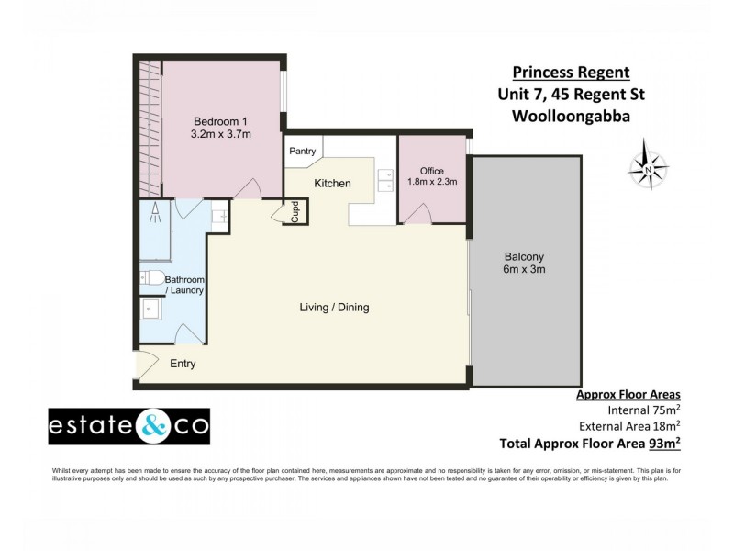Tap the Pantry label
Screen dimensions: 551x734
302,151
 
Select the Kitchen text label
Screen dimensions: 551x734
332,184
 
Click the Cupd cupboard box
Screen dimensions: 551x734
295,212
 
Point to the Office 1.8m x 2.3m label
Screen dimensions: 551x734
432,176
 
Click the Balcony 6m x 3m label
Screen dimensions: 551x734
525,264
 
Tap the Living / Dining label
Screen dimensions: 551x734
334,308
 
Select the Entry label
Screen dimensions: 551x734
183,364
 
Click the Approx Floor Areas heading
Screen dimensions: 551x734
634,393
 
